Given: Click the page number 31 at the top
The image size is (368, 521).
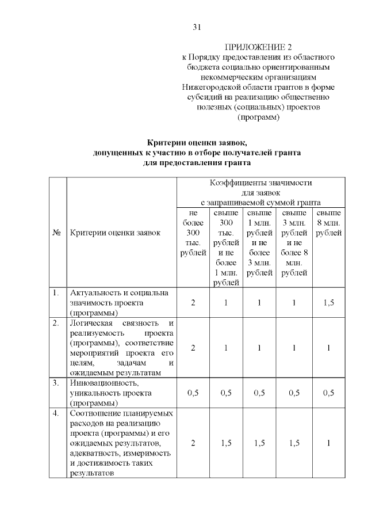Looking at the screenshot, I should click(x=196, y=27).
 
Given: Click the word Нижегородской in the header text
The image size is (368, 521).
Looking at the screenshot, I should click(x=207, y=87).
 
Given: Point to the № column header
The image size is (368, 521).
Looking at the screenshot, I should click(x=57, y=233).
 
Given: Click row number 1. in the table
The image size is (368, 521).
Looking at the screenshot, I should click(x=56, y=294).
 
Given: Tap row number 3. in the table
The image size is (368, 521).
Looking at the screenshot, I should click(x=56, y=383).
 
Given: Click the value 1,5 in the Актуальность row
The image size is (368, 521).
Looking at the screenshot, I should click(x=328, y=303).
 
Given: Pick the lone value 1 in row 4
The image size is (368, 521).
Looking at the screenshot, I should click(x=328, y=443).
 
